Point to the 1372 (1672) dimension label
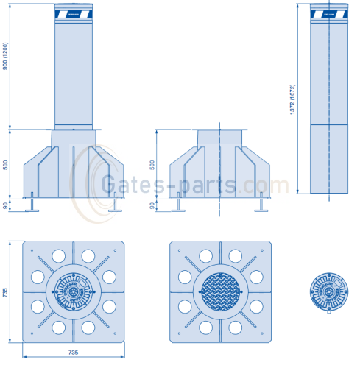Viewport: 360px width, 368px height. click(x=293, y=99)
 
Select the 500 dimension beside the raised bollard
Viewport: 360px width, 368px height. click(x=6, y=164)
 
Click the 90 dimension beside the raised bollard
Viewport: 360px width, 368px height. click(x=6, y=205)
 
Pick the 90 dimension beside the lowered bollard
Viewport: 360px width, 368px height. click(x=152, y=205)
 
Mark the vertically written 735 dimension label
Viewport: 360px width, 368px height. click(x=6, y=291)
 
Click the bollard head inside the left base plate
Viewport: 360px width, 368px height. click(x=73, y=291)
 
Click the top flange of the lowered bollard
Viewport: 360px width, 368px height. click(x=219, y=131)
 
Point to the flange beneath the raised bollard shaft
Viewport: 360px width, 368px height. click(x=74, y=131)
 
